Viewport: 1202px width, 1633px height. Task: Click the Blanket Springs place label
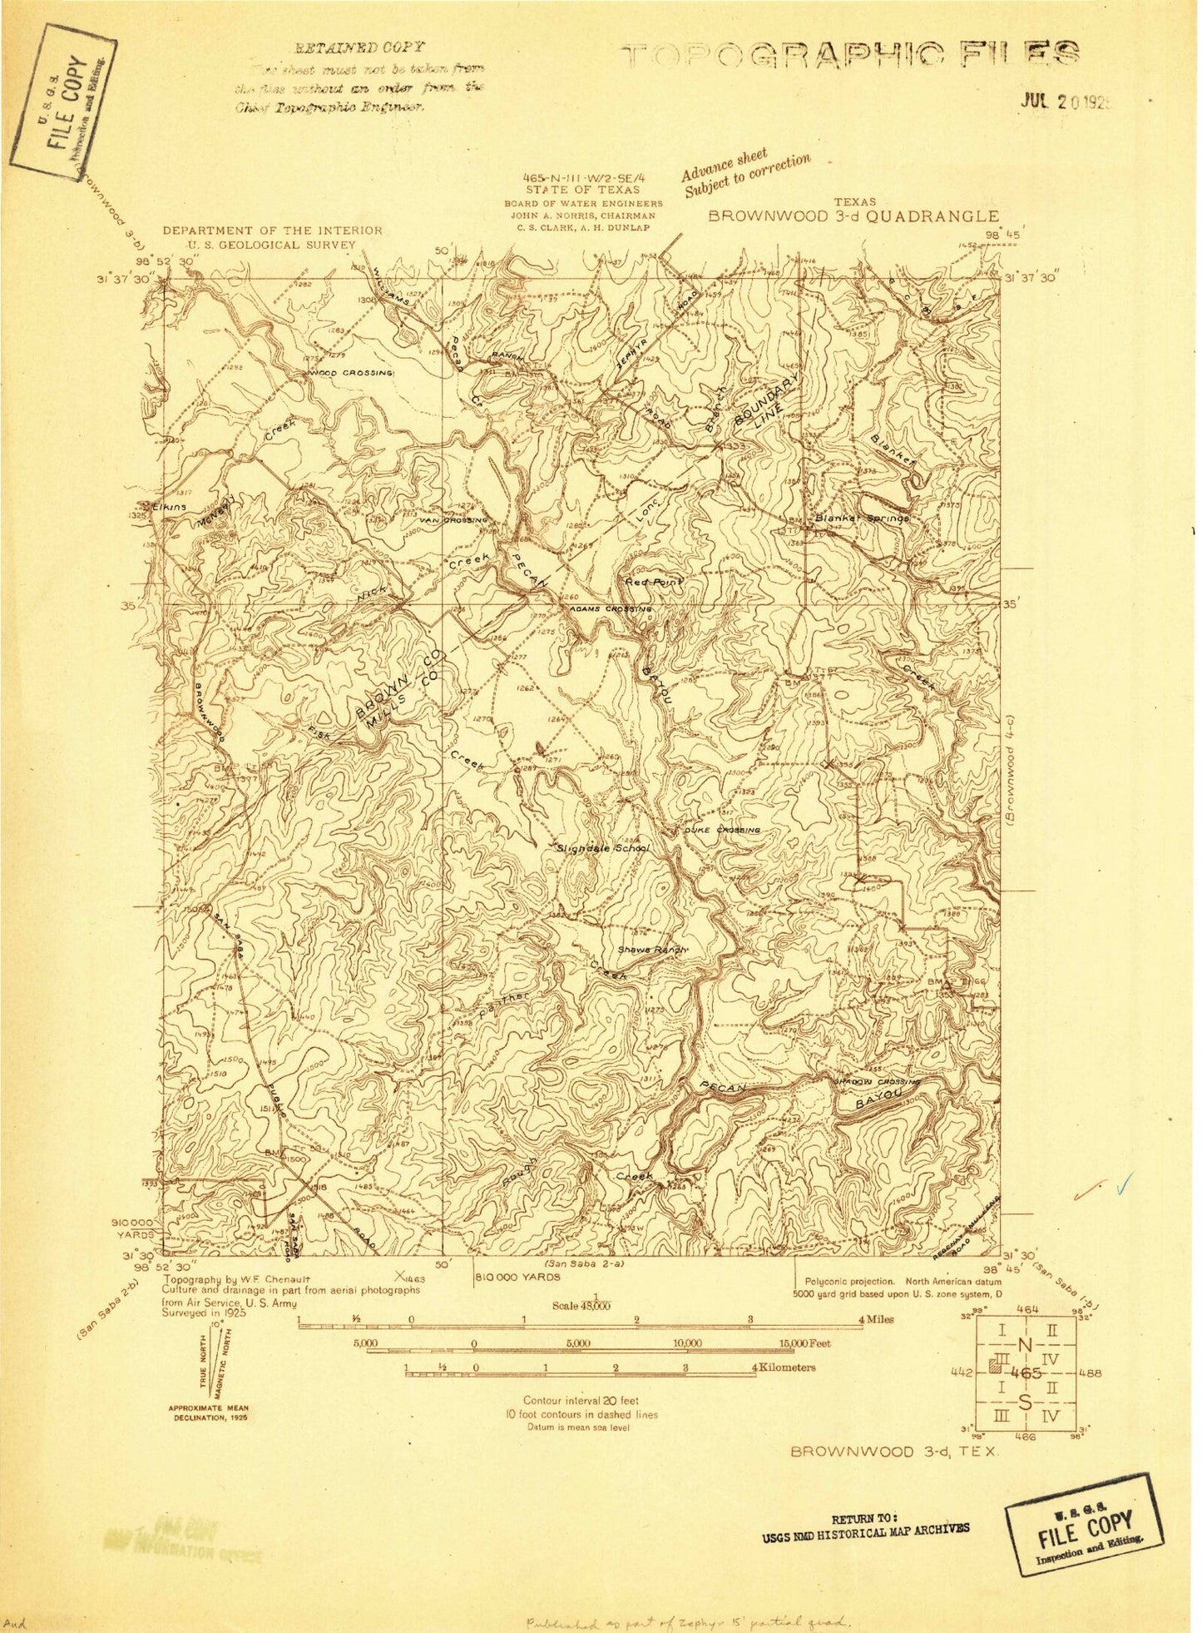point(861,518)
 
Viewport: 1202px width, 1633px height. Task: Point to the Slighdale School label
point(603,848)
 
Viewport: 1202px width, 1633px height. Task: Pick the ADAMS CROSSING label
point(610,609)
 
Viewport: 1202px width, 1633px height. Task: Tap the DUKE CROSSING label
point(722,831)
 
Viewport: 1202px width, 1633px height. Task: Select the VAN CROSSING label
point(453,520)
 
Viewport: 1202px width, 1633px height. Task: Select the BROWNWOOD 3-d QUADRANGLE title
point(853,216)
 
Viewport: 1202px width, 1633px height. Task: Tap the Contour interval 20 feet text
point(581,1401)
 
